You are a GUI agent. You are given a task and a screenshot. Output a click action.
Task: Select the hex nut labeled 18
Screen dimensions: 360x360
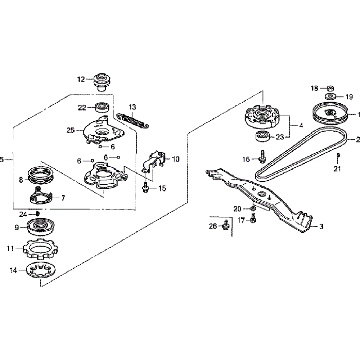click(329, 88)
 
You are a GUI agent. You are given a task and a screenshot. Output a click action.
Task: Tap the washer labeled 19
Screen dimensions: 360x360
click(329, 96)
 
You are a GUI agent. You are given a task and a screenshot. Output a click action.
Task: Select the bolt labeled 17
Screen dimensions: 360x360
click(253, 218)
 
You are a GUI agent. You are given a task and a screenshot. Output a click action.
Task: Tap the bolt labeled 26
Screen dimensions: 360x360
click(225, 225)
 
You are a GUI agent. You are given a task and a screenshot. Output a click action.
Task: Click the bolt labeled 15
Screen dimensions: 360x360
click(145, 188)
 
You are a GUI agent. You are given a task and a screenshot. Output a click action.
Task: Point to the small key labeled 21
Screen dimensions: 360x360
click(338, 155)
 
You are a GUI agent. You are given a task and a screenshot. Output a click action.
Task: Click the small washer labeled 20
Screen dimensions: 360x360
click(253, 208)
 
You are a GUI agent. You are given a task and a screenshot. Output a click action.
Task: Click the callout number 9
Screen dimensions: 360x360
click(17, 227)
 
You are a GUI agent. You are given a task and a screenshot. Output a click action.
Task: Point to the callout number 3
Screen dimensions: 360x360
click(321, 226)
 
